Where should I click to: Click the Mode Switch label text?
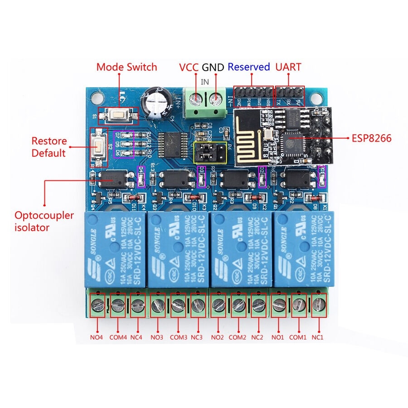[x=126, y=67]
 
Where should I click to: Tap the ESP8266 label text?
[x=372, y=138]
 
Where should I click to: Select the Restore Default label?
[x=49, y=147]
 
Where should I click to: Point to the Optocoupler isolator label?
[x=44, y=221]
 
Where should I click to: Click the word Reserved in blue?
[x=248, y=67]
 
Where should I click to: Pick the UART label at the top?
[x=288, y=67]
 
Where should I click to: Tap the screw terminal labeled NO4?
[x=97, y=305]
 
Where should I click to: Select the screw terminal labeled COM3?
[x=177, y=305]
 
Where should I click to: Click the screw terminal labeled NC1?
[x=319, y=305]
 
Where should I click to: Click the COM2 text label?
[x=237, y=337]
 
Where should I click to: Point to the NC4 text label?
[x=136, y=337]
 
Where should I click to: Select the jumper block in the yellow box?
[x=209, y=153]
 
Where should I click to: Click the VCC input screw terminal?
[x=196, y=98]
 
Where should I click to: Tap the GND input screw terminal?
[x=216, y=98]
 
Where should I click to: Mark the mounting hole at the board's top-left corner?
[x=96, y=96]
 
